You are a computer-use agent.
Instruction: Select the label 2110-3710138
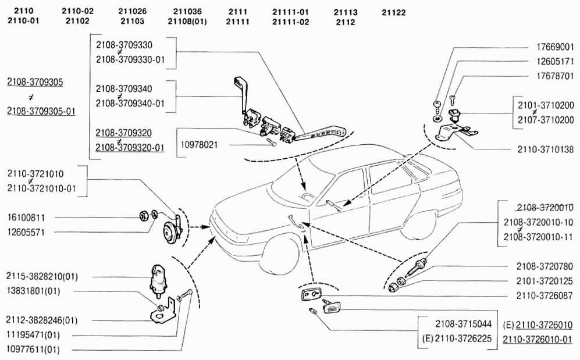tap(546, 149)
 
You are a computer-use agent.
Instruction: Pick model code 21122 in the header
tap(394, 12)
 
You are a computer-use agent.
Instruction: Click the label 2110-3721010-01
tap(42, 188)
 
